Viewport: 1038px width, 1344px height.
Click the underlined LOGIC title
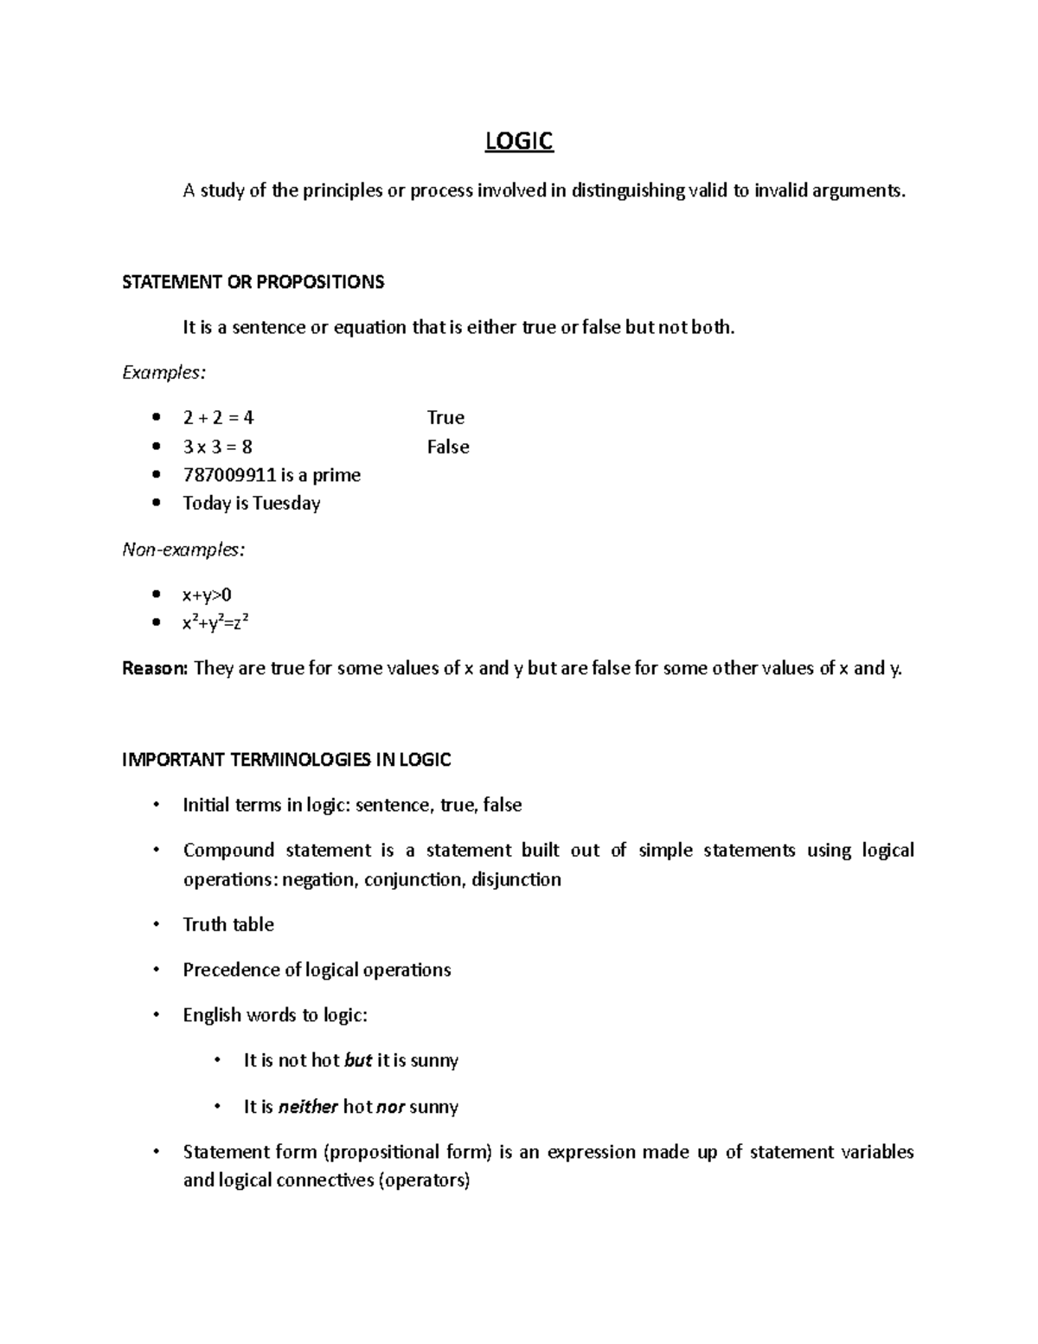518,141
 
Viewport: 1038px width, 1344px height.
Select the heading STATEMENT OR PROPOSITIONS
253,282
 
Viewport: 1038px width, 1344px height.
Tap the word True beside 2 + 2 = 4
445,418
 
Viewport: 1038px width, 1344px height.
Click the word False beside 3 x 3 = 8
448,447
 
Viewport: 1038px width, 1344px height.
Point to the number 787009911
229,475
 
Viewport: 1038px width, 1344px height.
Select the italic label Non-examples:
183,550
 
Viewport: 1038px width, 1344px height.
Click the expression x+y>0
207,595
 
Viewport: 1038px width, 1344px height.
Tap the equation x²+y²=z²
216,623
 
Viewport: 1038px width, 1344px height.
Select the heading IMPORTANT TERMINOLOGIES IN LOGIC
286,760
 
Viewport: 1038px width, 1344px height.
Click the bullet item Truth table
228,924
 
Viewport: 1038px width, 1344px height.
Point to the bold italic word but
358,1061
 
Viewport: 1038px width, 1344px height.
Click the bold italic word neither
308,1107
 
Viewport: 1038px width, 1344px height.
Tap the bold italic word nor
391,1107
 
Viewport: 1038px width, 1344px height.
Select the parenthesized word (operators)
424,1180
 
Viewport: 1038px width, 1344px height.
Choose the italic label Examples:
164,373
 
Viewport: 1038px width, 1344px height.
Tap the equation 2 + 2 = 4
218,418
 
